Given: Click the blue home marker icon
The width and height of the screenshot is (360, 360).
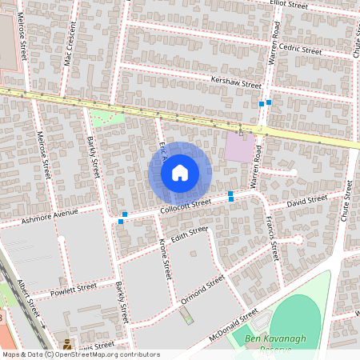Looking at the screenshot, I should point(180,172).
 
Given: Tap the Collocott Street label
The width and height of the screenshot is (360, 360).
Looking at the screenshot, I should point(185,206).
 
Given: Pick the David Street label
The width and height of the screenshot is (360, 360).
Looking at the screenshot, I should point(307,199).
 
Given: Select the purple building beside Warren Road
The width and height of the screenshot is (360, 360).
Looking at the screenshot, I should point(239,147).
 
